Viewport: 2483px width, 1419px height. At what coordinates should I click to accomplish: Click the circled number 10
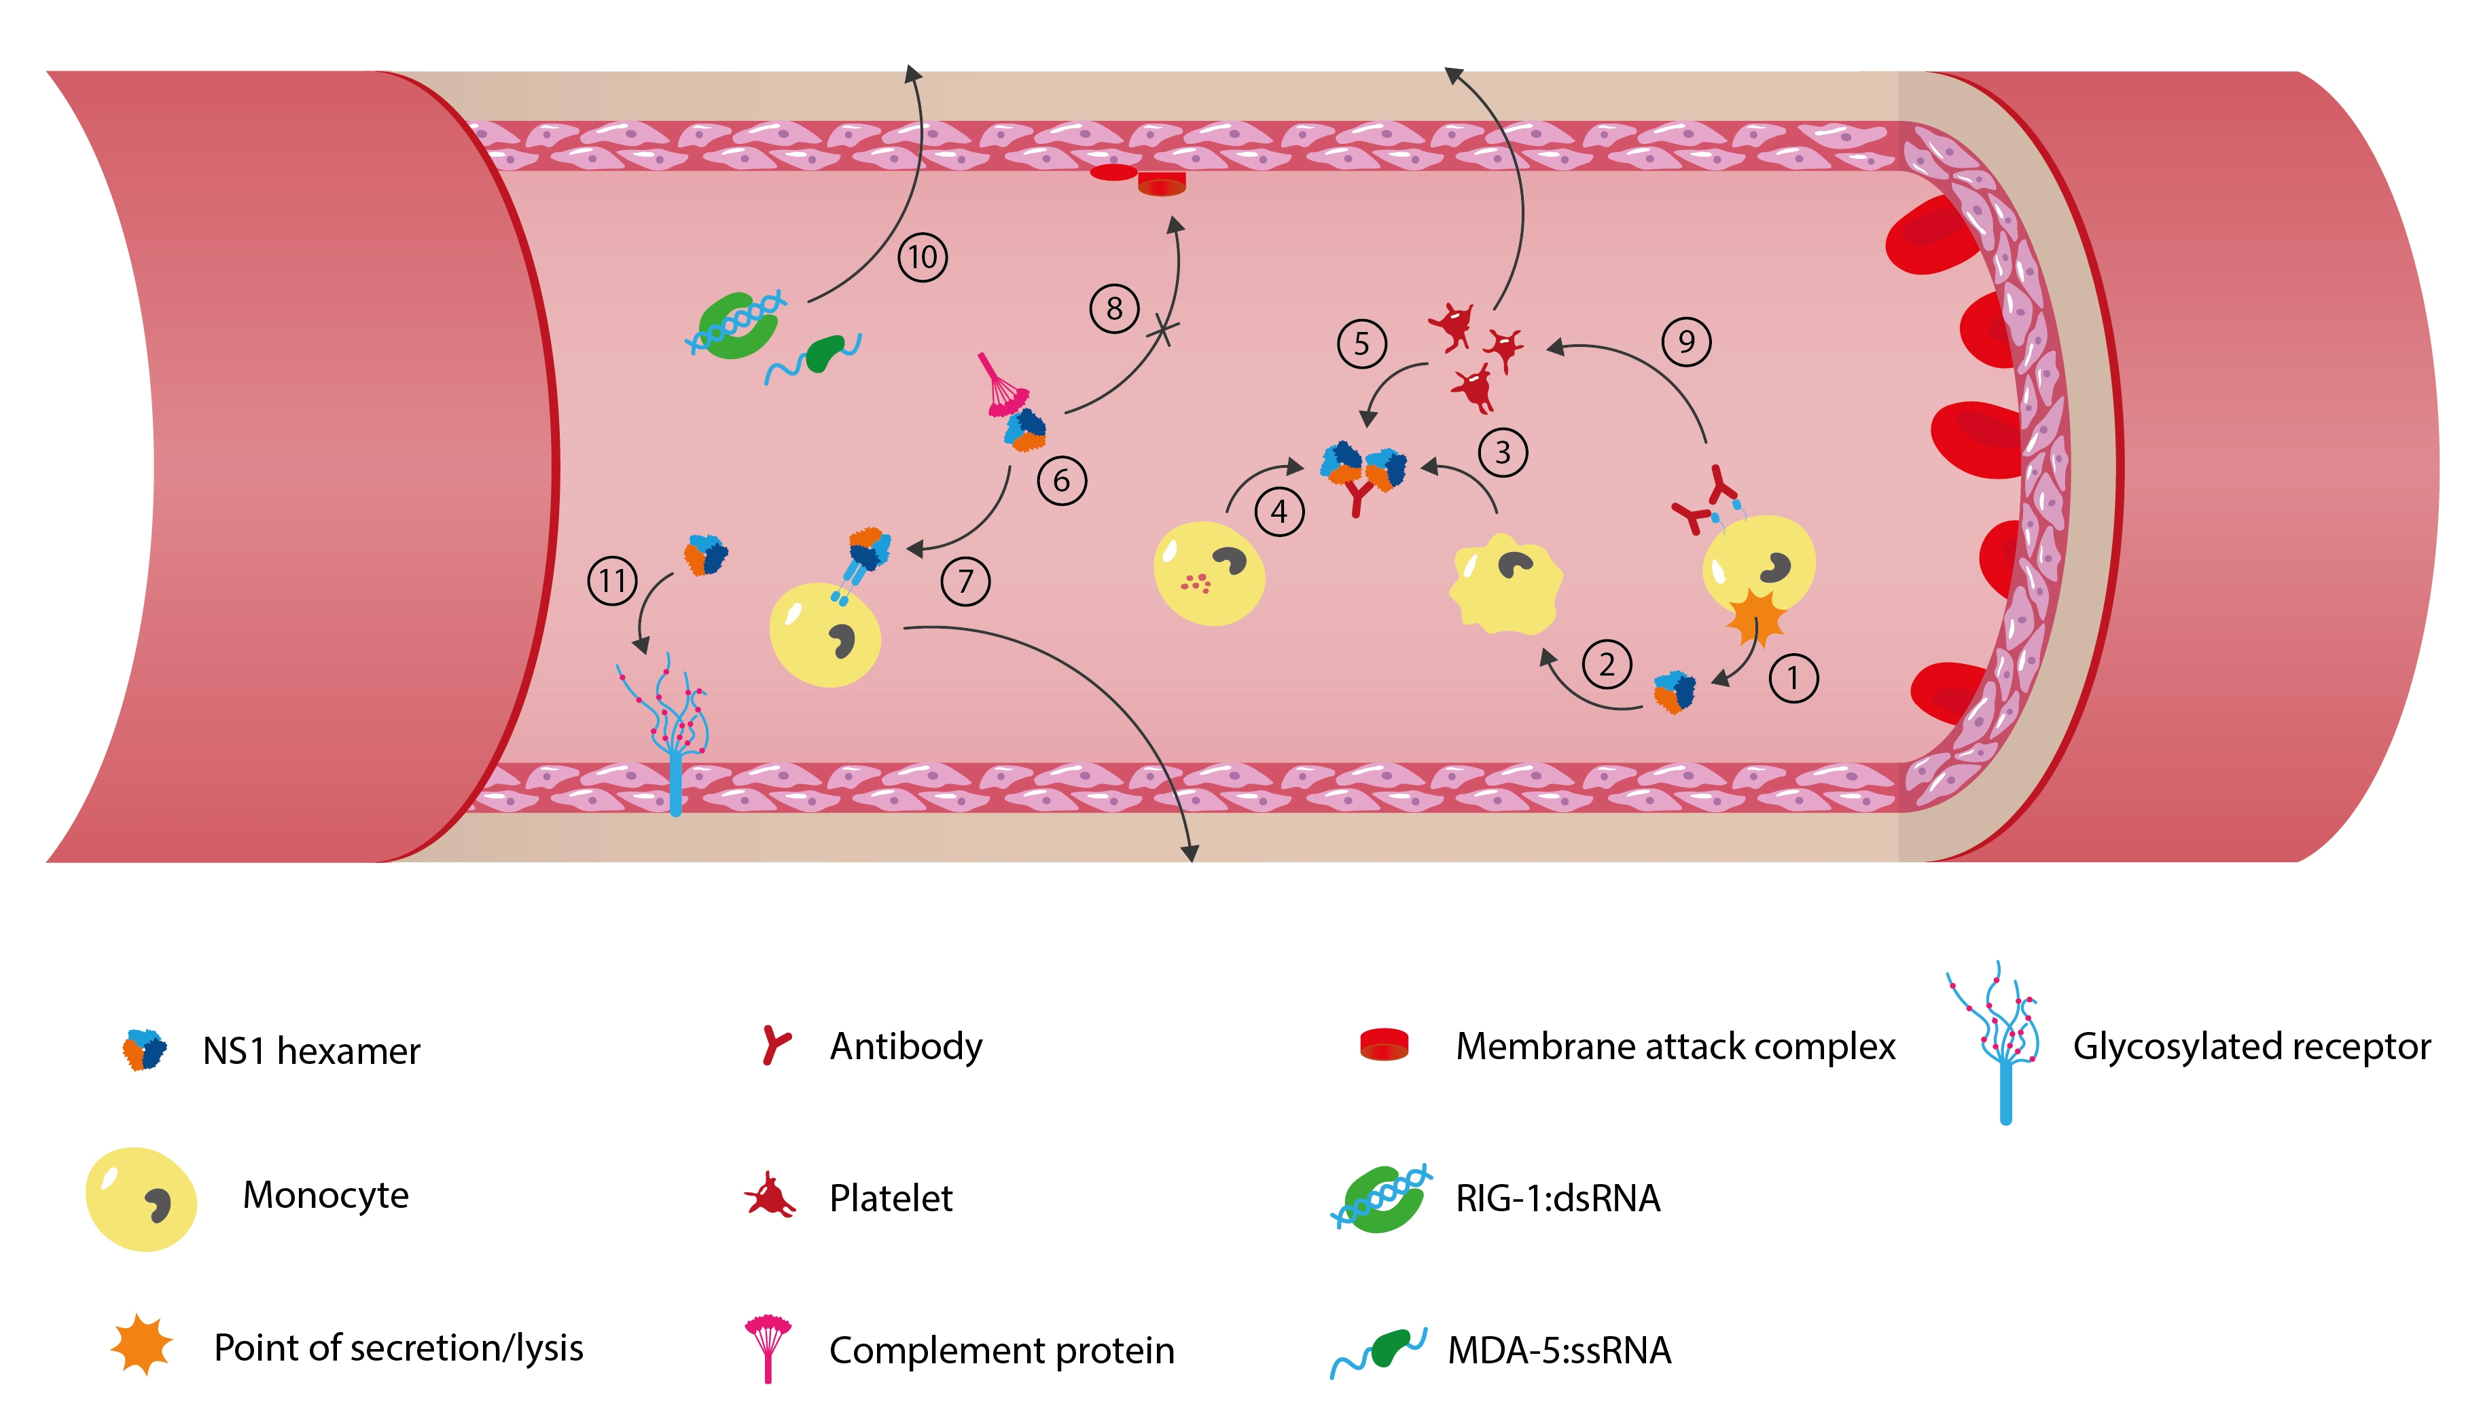[x=923, y=257]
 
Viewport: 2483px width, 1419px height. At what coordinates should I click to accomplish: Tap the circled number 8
[x=1114, y=309]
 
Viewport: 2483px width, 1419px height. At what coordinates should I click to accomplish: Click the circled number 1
[x=1793, y=678]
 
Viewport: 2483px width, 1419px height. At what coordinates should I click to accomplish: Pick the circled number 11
[x=612, y=581]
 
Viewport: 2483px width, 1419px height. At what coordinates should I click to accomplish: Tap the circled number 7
[x=965, y=581]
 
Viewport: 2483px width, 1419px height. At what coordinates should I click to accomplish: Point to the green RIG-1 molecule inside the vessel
[x=738, y=325]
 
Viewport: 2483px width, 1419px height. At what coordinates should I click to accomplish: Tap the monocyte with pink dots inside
[x=1209, y=574]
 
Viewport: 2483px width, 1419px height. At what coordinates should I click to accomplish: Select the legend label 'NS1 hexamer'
[x=311, y=1050]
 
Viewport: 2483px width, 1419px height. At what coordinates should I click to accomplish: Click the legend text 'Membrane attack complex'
[x=1675, y=1046]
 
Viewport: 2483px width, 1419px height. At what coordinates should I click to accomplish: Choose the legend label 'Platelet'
[x=890, y=1198]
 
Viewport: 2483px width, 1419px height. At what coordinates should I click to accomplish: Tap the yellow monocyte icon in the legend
[x=141, y=1199]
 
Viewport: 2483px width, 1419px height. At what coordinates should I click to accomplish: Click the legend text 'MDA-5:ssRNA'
[x=1559, y=1350]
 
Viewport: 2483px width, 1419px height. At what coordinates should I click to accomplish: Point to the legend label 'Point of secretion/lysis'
[x=397, y=1348]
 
